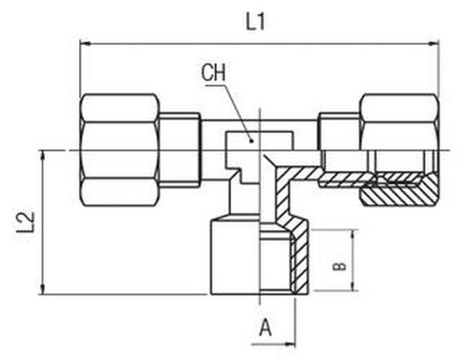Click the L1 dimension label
pyautogui.click(x=255, y=22)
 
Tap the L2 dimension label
pyautogui.click(x=25, y=223)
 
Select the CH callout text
pyautogui.click(x=214, y=73)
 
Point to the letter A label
pyautogui.click(x=265, y=328)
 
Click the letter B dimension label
pyautogui.click(x=339, y=267)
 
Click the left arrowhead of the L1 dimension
pyautogui.click(x=85, y=44)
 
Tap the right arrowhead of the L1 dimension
pyautogui.click(x=434, y=44)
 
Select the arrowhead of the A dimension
pyautogui.click(x=290, y=344)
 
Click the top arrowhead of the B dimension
pyautogui.click(x=354, y=235)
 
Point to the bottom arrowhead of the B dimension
pyautogui.click(x=354, y=285)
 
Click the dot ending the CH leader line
pyautogui.click(x=251, y=141)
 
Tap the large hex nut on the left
pyautogui.click(x=119, y=150)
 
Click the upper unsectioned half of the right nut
pyautogui.click(x=400, y=122)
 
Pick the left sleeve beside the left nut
pyautogui.click(x=180, y=150)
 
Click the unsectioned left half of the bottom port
pyautogui.click(x=234, y=257)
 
